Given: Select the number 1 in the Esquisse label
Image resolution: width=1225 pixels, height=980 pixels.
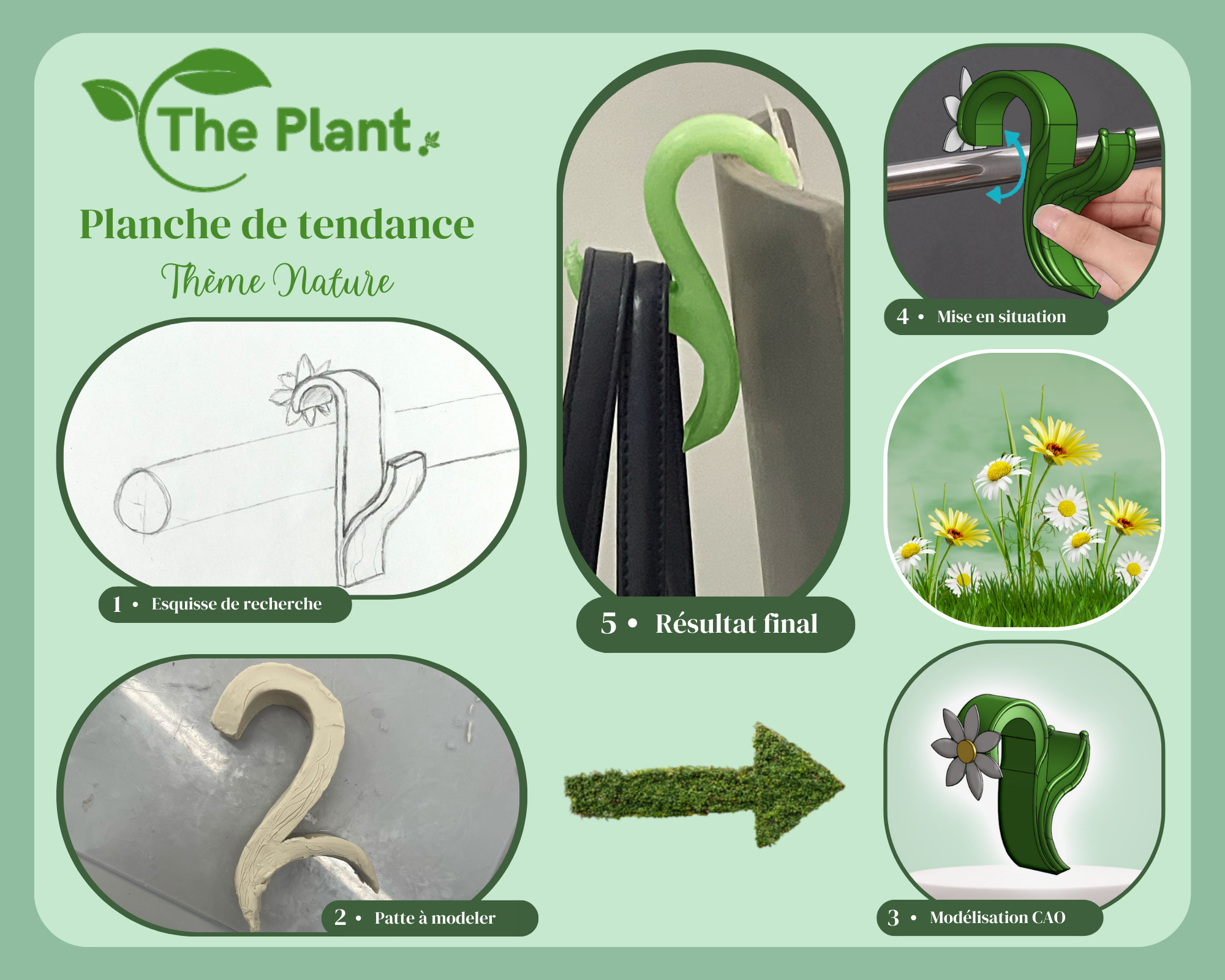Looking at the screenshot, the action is (117, 605).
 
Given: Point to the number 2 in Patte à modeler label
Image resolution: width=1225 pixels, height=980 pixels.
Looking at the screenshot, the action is (340, 917).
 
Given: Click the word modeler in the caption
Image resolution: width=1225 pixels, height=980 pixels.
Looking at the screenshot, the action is (463, 918).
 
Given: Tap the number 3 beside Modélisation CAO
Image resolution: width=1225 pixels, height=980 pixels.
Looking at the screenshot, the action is (893, 918).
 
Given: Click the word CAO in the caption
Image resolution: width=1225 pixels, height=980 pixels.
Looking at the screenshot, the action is (1049, 918).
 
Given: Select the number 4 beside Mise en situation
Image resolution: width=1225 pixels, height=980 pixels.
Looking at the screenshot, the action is (902, 316).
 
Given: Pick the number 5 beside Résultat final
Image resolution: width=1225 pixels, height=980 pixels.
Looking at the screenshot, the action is (608, 624).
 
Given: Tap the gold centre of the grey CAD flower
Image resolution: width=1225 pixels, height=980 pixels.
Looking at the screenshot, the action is (966, 751).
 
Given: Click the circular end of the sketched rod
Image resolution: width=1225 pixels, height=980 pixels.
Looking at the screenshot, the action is (143, 500).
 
